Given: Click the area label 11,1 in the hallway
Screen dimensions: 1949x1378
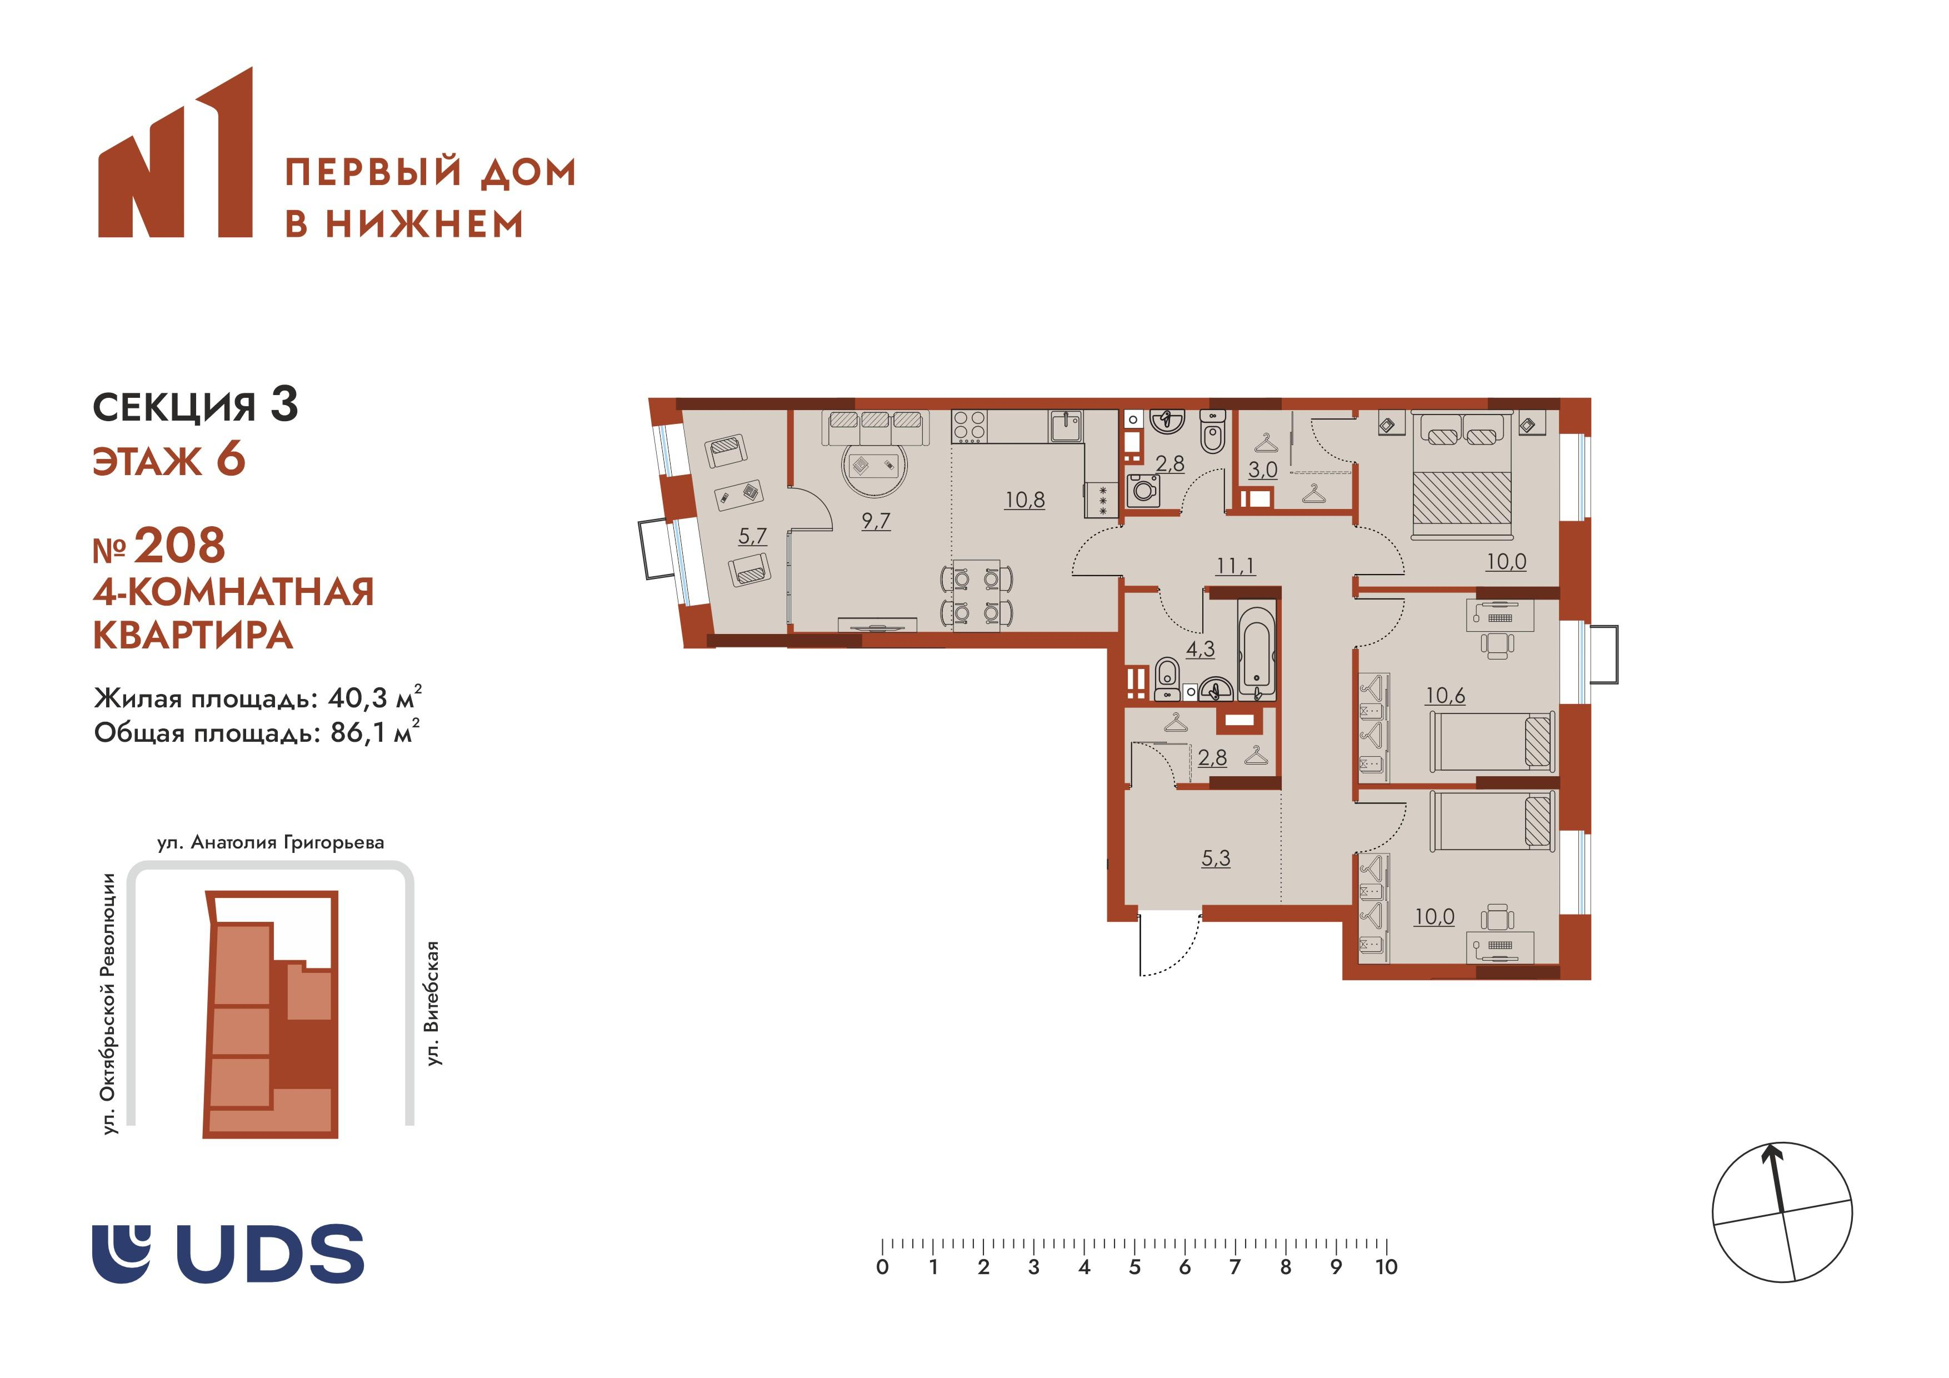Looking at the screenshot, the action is [1235, 566].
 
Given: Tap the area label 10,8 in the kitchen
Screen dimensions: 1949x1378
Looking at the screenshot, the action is [1025, 500].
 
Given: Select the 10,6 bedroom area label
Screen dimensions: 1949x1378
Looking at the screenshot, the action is [1445, 695].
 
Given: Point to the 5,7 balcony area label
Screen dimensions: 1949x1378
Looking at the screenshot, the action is [752, 536].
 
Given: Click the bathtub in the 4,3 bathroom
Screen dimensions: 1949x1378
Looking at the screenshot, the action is [1256, 650].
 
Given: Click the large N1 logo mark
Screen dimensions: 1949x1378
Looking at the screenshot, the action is [176, 153].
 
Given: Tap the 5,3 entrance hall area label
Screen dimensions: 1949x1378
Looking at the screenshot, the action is [1216, 858].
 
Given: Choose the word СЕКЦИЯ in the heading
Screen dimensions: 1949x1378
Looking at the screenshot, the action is [174, 407].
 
